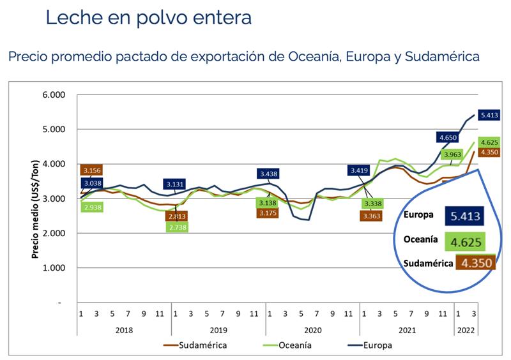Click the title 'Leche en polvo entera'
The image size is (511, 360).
point(148,17)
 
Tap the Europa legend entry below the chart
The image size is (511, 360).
point(375,345)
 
